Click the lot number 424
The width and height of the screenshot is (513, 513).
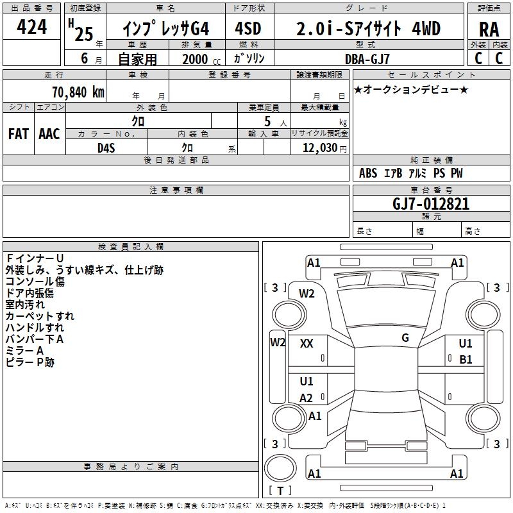(x=31, y=28)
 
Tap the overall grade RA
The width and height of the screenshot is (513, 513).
(x=489, y=29)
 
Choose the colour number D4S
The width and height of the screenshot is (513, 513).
(x=106, y=147)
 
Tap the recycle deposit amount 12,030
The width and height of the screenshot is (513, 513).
(x=318, y=147)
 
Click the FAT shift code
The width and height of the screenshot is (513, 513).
(x=18, y=134)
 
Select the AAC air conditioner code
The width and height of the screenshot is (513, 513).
(x=49, y=134)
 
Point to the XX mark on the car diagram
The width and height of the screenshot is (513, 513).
(x=307, y=344)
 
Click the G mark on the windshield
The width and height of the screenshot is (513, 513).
(x=405, y=337)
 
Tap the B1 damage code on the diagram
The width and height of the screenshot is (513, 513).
(x=466, y=360)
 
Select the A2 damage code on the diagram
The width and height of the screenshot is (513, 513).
(x=307, y=398)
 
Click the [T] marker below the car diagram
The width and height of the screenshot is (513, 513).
(x=280, y=491)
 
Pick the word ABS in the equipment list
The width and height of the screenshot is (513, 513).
(x=368, y=173)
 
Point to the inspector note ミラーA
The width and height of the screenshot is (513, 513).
(x=25, y=351)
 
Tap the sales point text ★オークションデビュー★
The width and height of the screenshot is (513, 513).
(x=411, y=89)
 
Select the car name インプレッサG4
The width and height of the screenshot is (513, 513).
(x=166, y=29)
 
